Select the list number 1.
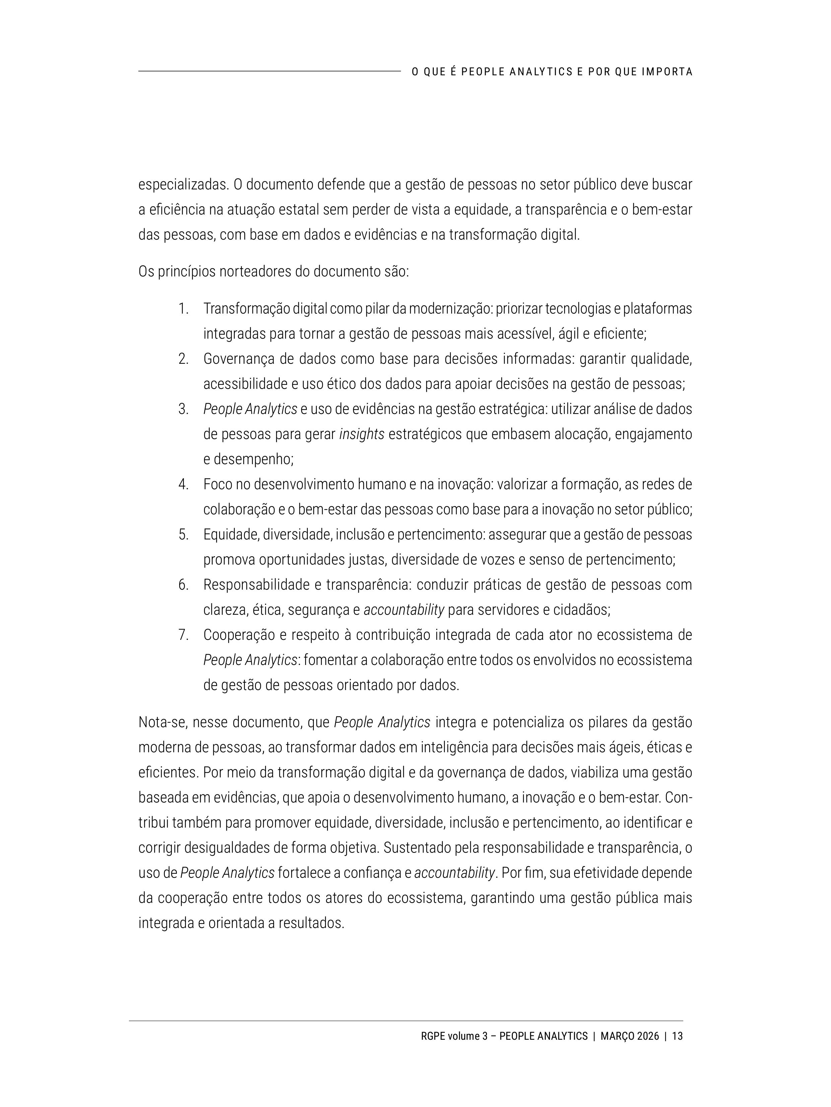(183, 309)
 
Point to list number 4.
(183, 485)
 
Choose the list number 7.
(183, 635)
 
